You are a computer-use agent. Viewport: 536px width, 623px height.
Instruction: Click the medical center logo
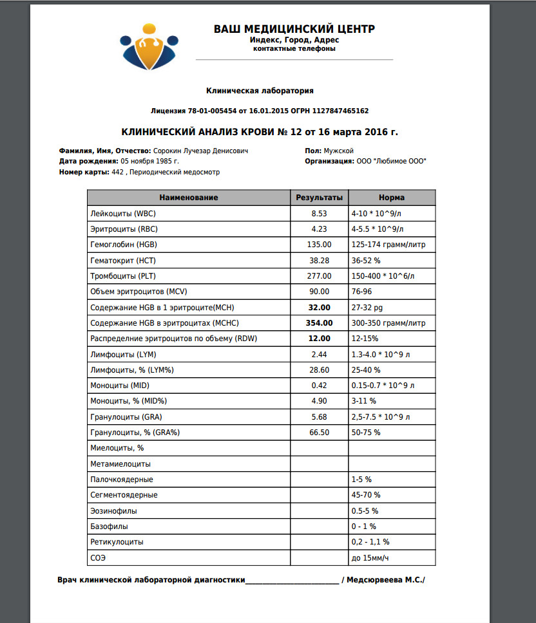click(149, 46)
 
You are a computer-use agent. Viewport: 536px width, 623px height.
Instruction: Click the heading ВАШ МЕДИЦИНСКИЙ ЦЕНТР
click(294, 29)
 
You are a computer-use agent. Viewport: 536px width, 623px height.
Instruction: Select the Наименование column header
click(189, 198)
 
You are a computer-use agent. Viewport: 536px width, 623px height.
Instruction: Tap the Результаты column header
click(319, 198)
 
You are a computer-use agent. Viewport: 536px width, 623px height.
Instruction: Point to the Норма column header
click(392, 198)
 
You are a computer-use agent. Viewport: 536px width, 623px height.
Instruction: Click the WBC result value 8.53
click(319, 213)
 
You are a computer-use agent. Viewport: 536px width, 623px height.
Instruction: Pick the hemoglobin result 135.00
click(319, 245)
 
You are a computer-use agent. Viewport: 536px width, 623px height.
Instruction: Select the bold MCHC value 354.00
click(319, 323)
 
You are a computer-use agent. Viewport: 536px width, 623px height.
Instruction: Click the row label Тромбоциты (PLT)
click(123, 276)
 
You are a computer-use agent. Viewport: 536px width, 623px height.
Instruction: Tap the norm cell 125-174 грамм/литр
click(388, 245)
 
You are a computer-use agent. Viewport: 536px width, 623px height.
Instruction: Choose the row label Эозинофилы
click(114, 511)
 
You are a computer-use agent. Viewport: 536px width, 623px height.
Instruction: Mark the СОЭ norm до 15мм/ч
click(380, 558)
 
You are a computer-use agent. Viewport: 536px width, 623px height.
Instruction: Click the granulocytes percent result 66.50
click(319, 432)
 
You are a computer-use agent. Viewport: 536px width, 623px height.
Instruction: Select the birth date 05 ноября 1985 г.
click(149, 161)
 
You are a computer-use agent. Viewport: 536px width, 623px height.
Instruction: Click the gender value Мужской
click(339, 151)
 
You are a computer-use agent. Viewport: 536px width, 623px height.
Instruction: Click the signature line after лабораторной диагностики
click(292, 581)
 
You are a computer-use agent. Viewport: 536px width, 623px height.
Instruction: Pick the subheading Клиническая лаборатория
click(260, 91)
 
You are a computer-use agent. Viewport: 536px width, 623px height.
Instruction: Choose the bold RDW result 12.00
click(319, 339)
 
